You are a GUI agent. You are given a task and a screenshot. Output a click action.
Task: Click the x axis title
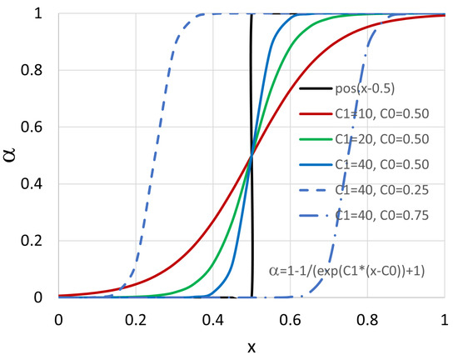tap(251, 345)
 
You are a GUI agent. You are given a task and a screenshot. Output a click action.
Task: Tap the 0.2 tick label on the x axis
tap(135, 317)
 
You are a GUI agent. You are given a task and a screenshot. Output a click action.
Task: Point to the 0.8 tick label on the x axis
tap(366, 317)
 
